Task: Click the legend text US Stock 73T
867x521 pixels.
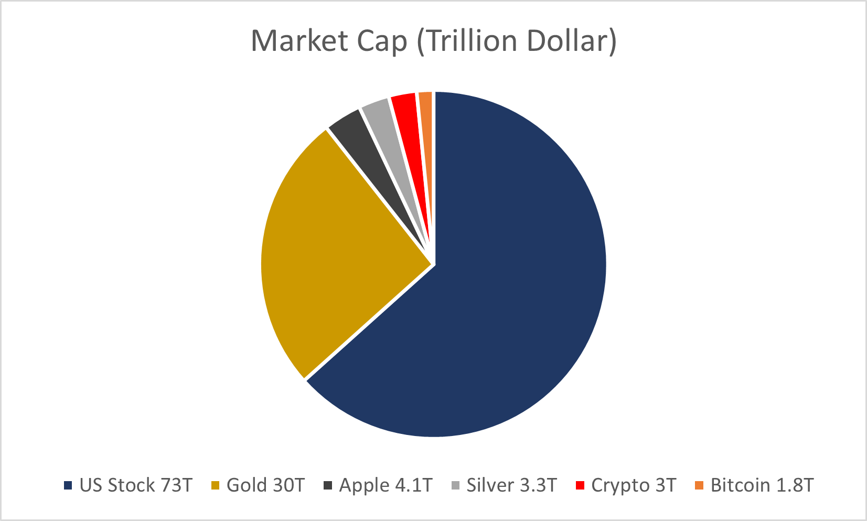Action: click(136, 485)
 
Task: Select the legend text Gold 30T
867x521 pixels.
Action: click(265, 485)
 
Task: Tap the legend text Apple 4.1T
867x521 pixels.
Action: click(386, 485)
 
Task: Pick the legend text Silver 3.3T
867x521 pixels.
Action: click(511, 485)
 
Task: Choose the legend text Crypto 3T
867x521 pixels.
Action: click(634, 485)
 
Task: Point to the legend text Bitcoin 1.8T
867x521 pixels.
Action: click(762, 485)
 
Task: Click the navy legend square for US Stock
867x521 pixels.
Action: click(68, 486)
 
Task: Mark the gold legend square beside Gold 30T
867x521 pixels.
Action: click(215, 486)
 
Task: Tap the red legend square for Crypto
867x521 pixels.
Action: click(580, 486)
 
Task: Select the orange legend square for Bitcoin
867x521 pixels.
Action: click(699, 486)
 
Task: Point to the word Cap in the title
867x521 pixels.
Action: click(382, 41)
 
